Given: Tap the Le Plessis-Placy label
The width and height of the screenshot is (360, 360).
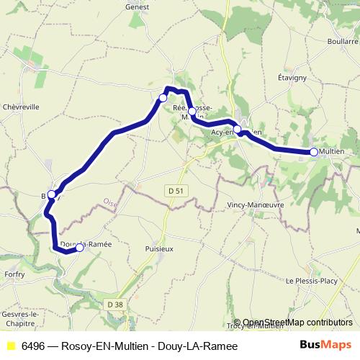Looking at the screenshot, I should point(314,280).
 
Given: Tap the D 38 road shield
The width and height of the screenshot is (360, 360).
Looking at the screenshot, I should point(114,305).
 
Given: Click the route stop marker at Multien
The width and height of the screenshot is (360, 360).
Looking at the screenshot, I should point(314,151).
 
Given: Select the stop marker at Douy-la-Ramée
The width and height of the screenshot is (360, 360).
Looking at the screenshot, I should point(79,248).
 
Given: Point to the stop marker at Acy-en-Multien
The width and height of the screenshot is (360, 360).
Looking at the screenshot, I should point(238,130).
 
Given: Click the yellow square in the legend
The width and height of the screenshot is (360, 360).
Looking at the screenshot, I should point(10,346).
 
